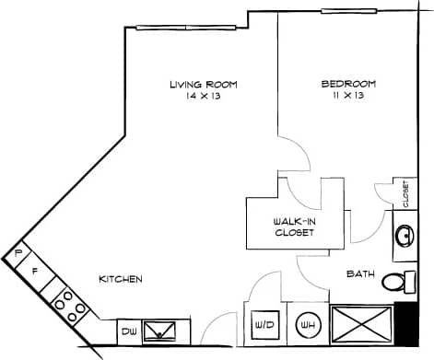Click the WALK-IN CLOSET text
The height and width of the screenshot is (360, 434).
pyautogui.click(x=295, y=227)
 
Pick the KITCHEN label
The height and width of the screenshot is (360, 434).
pyautogui.click(x=121, y=279)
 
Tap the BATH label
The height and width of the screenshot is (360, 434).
pyautogui.click(x=359, y=273)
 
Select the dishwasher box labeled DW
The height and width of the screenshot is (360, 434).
pyautogui.click(x=128, y=331)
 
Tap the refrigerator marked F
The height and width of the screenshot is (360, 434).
pyautogui.click(x=34, y=272)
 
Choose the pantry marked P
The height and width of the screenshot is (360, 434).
pyautogui.click(x=18, y=251)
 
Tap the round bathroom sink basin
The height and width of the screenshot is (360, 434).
pyautogui.click(x=404, y=235)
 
